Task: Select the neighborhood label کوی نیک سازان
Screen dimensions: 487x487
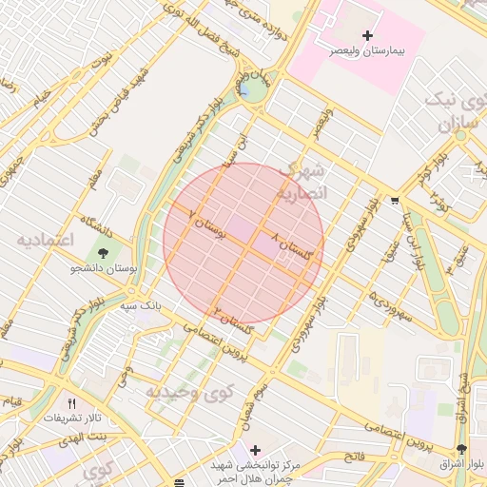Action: click(x=456, y=113)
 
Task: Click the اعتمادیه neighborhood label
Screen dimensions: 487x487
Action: click(x=45, y=241)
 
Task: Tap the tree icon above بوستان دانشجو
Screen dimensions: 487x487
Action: click(x=102, y=254)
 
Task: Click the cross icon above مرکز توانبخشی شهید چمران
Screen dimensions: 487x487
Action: click(x=254, y=449)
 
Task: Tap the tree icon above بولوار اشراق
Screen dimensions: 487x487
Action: click(x=461, y=449)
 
